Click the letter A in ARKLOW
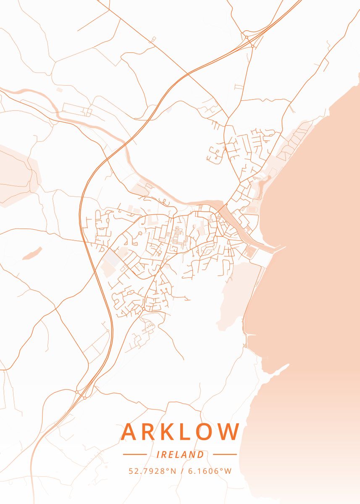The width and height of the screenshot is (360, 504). coord(130,432)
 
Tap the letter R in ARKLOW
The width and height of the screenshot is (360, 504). coord(150,432)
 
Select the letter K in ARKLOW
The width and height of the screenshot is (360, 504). coord(169,432)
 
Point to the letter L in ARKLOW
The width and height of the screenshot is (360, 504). coord(187,432)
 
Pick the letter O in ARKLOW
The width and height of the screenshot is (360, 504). coord(207,432)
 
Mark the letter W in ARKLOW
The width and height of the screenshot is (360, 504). coord(229,432)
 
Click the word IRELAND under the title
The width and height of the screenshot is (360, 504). coord(180,454)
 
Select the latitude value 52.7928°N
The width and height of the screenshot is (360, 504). coord(152,471)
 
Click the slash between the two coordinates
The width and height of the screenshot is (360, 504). coord(182,471)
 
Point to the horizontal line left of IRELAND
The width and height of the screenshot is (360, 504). coord(134,454)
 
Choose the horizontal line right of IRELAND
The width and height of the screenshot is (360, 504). coord(225,454)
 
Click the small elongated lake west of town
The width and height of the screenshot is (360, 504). coord(32,253)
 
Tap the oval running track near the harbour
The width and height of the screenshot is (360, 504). coord(252,209)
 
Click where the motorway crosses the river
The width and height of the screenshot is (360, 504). coord(125,143)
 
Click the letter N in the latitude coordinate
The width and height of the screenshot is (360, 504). coord(173,471)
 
